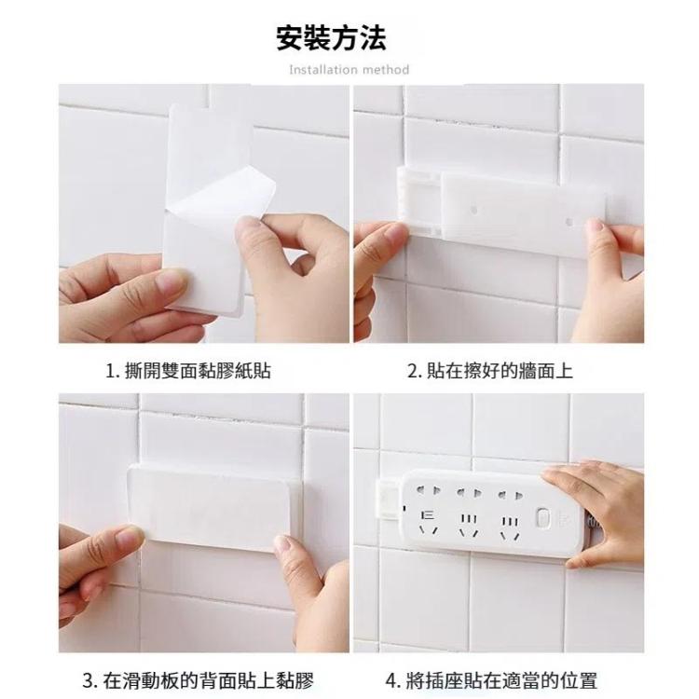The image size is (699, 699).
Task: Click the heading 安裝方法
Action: (x=331, y=37)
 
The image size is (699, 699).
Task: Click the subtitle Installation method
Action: (x=349, y=70)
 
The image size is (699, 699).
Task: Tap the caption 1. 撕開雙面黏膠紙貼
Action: (x=187, y=370)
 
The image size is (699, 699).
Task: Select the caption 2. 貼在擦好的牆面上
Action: (x=490, y=370)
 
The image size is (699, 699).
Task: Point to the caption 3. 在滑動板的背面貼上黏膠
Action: (x=199, y=680)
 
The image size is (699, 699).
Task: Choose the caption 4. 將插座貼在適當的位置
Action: (x=491, y=680)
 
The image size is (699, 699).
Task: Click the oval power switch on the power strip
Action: (x=542, y=517)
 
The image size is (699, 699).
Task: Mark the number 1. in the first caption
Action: (x=113, y=371)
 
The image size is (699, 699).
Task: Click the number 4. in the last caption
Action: (x=393, y=681)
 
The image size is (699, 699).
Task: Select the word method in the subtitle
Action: (x=386, y=70)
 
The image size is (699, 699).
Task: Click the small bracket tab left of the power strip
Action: (x=390, y=499)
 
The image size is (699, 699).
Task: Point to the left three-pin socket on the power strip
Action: (x=429, y=523)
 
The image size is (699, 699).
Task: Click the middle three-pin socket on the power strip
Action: (x=469, y=525)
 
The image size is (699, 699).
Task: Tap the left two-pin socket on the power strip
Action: (x=429, y=491)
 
